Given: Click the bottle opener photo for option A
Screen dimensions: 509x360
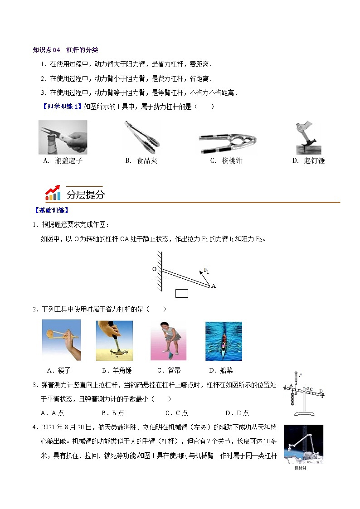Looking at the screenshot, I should click(x=63, y=137).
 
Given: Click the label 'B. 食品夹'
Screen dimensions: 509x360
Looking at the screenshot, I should click(x=141, y=161).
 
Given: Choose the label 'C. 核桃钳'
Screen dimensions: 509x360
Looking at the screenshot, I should click(x=226, y=161).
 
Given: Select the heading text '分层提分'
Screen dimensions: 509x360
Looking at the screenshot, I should click(x=86, y=195).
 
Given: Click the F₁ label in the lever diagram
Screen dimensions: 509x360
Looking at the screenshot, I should click(x=206, y=271).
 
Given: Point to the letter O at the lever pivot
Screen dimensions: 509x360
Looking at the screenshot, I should click(x=154, y=269).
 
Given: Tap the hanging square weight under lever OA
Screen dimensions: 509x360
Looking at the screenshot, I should click(x=181, y=293).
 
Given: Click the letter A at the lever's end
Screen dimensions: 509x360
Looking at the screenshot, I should click(x=213, y=286).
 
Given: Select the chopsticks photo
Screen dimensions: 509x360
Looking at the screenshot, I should click(x=61, y=340).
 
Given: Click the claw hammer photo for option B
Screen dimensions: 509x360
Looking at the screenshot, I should click(x=114, y=340).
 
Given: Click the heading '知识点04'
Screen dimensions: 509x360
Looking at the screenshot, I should click(x=47, y=50).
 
